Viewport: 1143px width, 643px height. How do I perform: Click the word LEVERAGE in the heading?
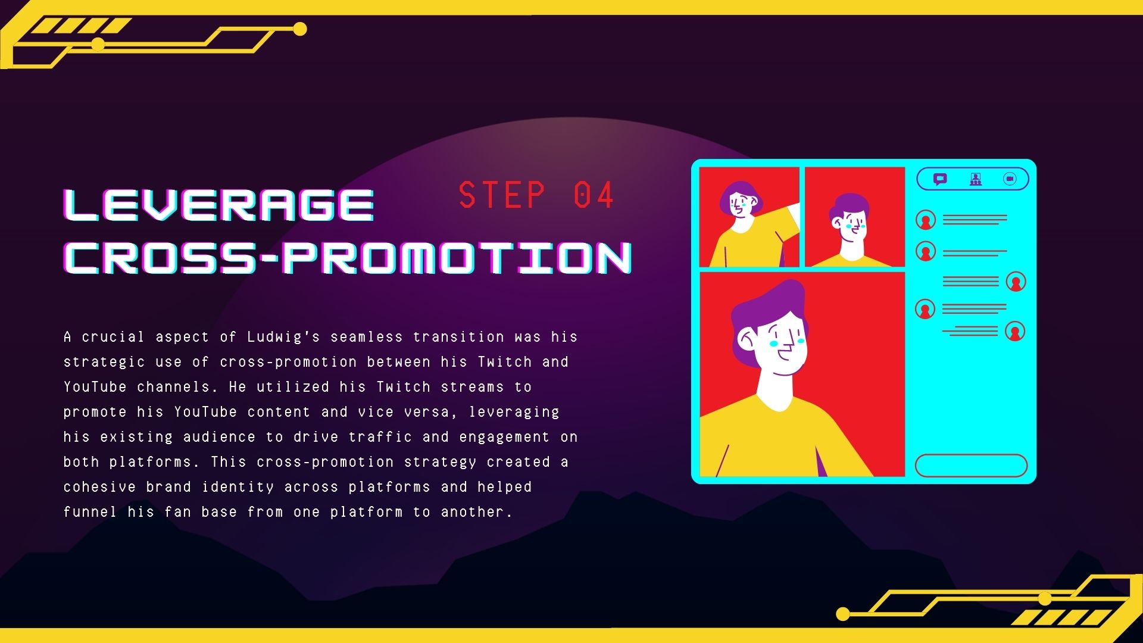[x=218, y=205]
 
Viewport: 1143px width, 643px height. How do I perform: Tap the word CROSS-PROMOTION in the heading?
[x=348, y=258]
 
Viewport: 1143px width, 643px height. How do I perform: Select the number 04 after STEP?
[x=594, y=195]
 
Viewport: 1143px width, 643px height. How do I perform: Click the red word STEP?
[x=502, y=195]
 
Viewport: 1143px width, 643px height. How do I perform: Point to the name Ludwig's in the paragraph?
[x=283, y=337]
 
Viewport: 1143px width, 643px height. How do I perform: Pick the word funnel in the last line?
[x=90, y=512]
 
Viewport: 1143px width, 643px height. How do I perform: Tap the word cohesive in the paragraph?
[x=99, y=487]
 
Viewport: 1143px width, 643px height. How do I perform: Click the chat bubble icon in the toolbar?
[x=940, y=179]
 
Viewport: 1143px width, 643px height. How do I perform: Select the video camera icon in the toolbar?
[x=1010, y=179]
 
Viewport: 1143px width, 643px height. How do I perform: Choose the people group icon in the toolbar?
[x=975, y=179]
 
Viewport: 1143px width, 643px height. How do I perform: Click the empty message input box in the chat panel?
[x=971, y=466]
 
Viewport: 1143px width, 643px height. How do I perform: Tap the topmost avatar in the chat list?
[x=926, y=220]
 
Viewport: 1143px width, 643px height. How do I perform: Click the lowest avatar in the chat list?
[x=1016, y=331]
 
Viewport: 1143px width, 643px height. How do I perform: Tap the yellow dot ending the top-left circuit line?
[x=300, y=29]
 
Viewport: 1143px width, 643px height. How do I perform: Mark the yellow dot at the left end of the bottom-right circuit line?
[x=843, y=614]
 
